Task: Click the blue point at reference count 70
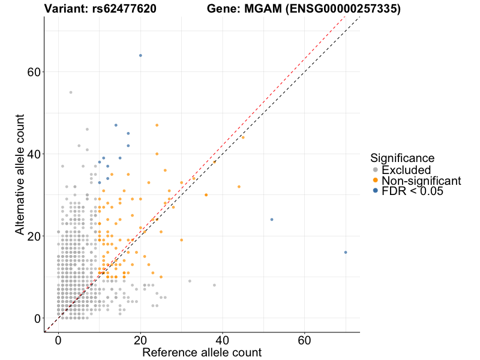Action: [x=346, y=252]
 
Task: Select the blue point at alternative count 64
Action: [x=140, y=55]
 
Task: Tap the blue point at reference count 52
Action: [x=272, y=220]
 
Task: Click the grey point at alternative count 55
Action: [x=71, y=92]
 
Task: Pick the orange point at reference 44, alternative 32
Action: [x=239, y=187]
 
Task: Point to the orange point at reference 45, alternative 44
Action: [x=243, y=137]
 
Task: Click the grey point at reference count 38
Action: [x=214, y=285]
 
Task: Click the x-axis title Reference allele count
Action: [x=202, y=352]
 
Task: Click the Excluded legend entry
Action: [x=406, y=170]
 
